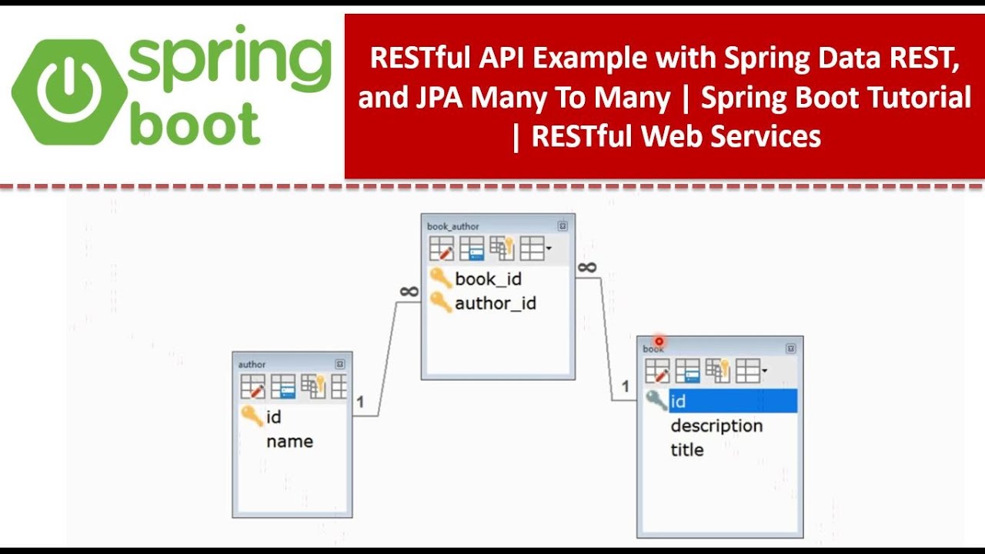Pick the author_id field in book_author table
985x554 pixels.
pyautogui.click(x=496, y=303)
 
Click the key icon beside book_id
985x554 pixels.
pyautogui.click(x=440, y=278)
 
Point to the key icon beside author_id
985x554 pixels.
pyautogui.click(x=440, y=302)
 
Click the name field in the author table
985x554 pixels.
pyautogui.click(x=289, y=442)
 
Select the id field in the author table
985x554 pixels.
pyautogui.click(x=273, y=417)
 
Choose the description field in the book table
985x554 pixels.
pyautogui.click(x=716, y=426)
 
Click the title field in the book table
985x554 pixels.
pyautogui.click(x=686, y=450)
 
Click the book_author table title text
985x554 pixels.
pyautogui.click(x=453, y=226)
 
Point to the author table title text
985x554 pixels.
pyautogui.click(x=252, y=365)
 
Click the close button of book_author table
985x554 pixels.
pyautogui.click(x=563, y=226)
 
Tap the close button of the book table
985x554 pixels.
pyautogui.click(x=790, y=349)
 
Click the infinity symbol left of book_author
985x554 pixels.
pyautogui.click(x=409, y=292)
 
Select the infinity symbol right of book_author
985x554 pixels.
pyautogui.click(x=586, y=267)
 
